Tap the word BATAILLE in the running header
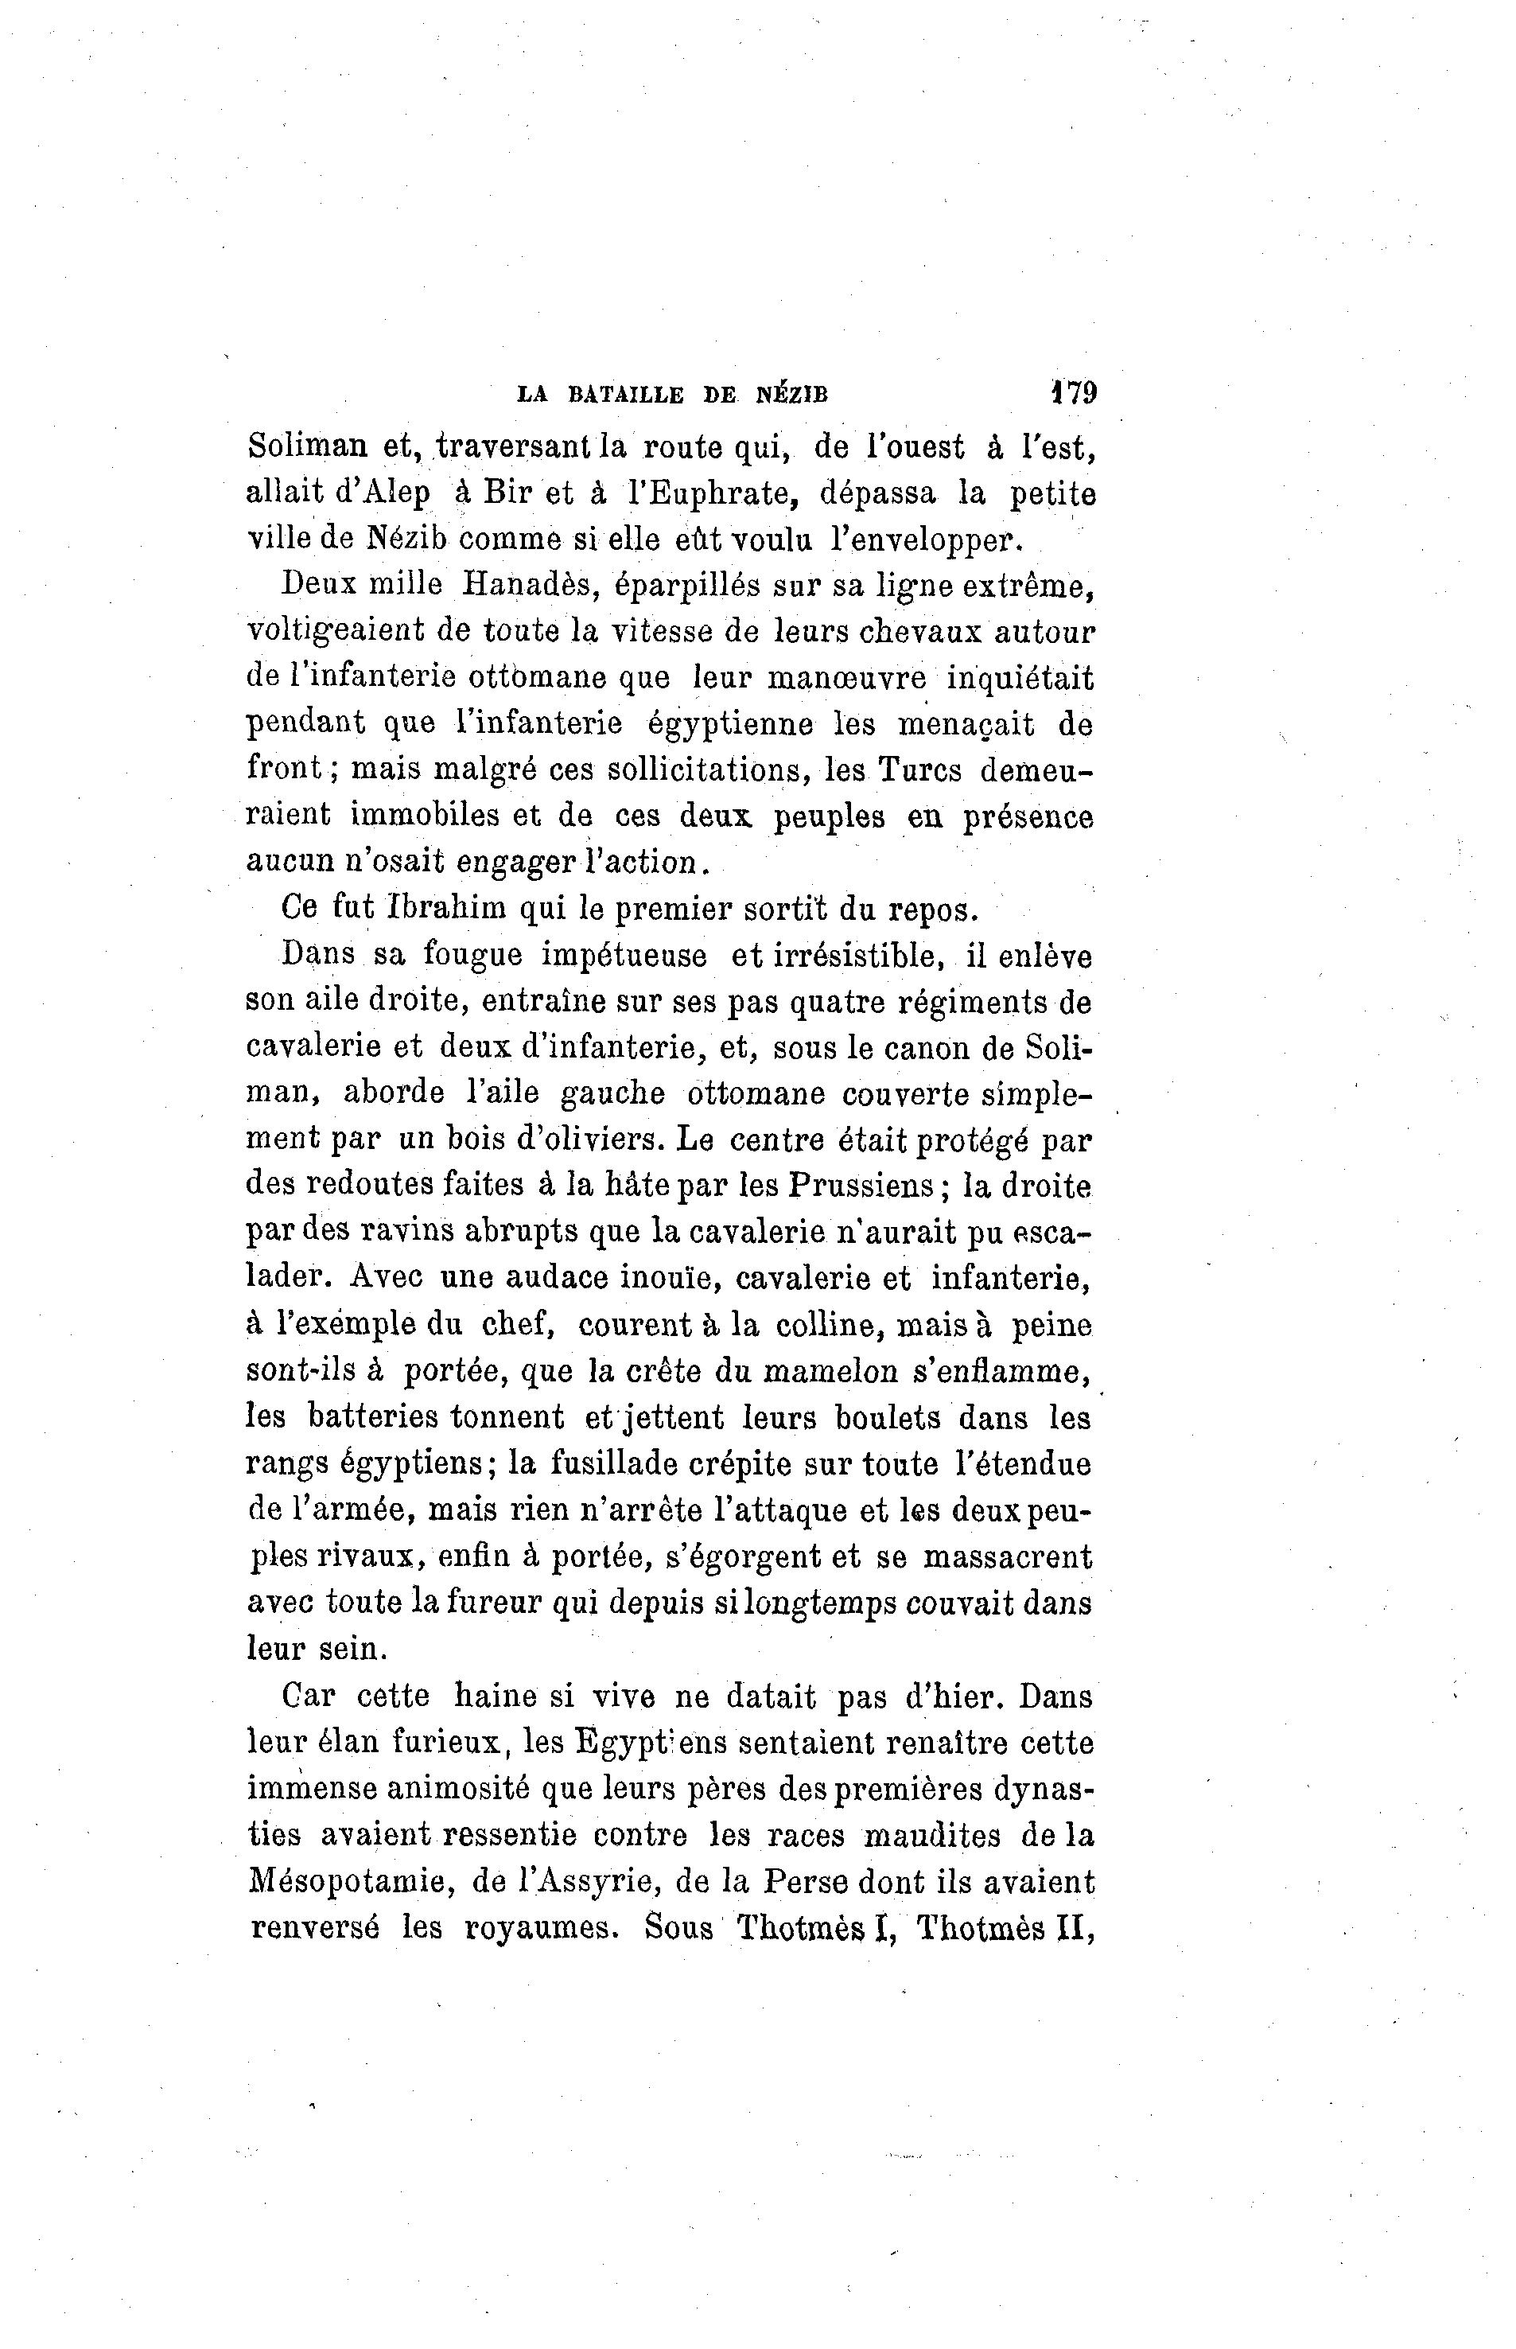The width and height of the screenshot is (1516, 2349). tap(625, 395)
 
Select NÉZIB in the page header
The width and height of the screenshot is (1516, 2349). tap(791, 395)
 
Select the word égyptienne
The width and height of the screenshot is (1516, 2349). tap(729, 724)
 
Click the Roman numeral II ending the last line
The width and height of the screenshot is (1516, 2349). tap(1072, 1927)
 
